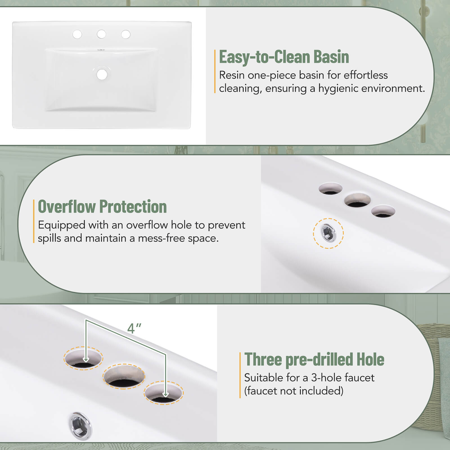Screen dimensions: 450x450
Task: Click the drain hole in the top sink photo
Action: click(102, 75)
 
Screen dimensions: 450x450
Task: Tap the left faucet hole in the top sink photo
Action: click(77, 34)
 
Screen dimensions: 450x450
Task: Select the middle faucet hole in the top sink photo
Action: click(101, 34)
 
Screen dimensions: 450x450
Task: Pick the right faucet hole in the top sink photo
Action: click(126, 34)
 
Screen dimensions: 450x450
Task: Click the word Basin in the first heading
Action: click(331, 57)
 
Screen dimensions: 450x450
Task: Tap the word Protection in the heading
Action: click(133, 206)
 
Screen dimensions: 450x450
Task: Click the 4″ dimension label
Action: click(134, 328)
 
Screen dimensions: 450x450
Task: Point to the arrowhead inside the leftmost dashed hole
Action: click(86, 359)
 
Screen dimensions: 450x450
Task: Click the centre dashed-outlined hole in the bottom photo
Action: click(124, 376)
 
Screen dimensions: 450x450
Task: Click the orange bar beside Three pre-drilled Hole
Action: click(240, 375)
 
